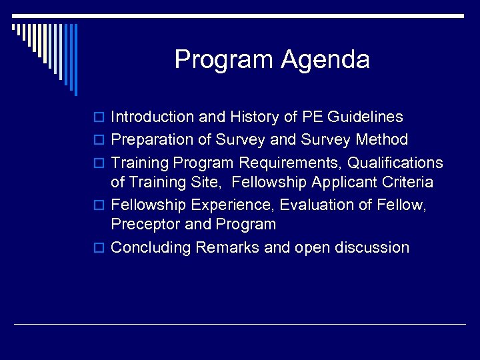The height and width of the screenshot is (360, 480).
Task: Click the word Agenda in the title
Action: tap(325, 61)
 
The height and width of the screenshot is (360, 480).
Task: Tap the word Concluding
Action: tap(151, 247)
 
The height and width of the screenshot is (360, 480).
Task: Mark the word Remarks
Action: tap(229, 247)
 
